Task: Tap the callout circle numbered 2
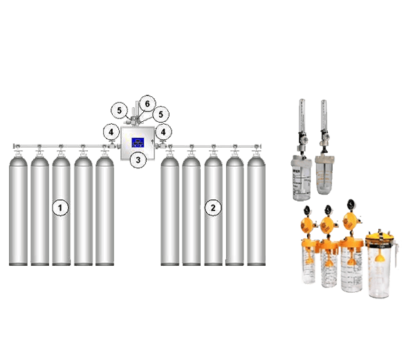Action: coord(214,207)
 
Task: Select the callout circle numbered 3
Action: coord(138,160)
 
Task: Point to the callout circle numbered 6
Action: coord(146,104)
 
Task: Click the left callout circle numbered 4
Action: coord(111,131)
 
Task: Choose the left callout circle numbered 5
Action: coord(120,110)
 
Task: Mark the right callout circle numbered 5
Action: coord(160,114)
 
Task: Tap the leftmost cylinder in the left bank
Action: coord(19,208)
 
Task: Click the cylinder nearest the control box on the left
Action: coord(104,208)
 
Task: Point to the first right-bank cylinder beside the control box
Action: coord(170,208)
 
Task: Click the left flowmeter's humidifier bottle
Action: coord(299,174)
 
